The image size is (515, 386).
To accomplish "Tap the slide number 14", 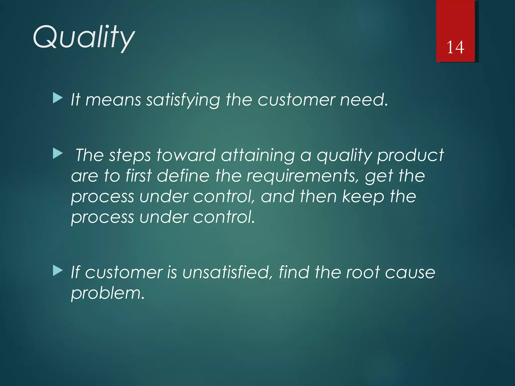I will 455,47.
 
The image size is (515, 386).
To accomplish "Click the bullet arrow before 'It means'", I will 58,98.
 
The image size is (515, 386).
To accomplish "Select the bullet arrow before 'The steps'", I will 58,154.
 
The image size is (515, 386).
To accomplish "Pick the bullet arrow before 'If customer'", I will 58,271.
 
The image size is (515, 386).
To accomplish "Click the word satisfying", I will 183,100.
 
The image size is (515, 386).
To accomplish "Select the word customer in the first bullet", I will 296,100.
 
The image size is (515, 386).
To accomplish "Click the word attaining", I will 258,155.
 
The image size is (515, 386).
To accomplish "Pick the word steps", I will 130,155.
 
